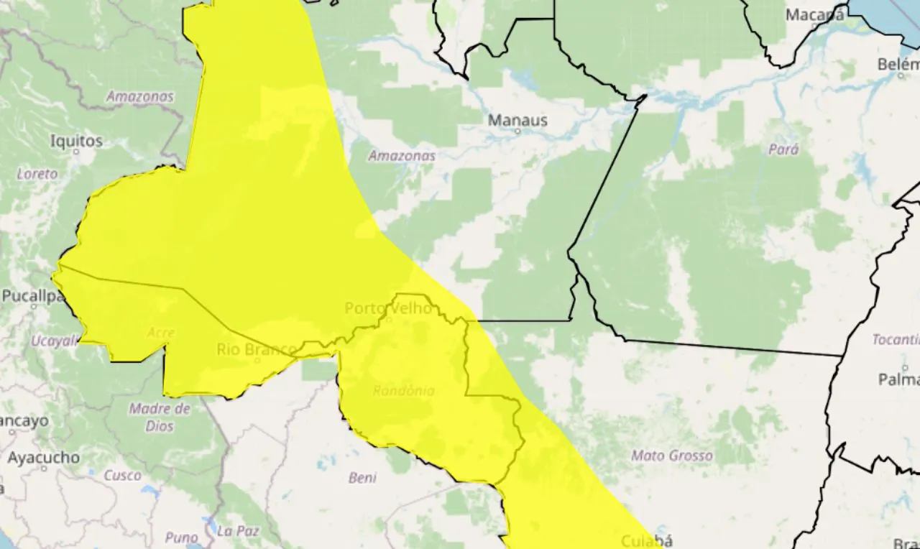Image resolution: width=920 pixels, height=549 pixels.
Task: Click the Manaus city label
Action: coord(517,120)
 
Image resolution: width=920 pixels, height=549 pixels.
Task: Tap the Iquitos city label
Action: coord(76,141)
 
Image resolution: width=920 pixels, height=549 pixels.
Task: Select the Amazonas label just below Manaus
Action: coord(402,155)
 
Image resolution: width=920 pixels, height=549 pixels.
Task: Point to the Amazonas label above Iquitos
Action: coord(140,96)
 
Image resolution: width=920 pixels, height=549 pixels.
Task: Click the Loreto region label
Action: coord(37,174)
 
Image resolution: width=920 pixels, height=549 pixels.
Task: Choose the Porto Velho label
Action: coord(388,308)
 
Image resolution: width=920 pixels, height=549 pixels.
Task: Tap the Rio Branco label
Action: coord(256,349)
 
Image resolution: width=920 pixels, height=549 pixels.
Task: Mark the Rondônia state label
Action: coord(403,391)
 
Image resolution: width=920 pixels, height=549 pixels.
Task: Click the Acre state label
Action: coord(160,333)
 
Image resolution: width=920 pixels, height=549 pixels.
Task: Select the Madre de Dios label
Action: coord(160,417)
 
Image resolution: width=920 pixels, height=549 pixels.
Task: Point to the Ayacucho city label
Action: coord(43,457)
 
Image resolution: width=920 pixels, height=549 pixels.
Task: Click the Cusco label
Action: coord(122,475)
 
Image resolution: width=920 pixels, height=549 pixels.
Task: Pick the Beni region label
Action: coord(362,477)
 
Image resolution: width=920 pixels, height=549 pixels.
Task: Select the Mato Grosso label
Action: coord(671,456)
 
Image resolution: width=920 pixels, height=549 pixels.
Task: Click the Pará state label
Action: coord(783,149)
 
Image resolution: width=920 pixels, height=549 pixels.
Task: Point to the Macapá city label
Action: coord(814,14)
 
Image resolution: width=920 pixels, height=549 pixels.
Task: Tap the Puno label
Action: coord(181,538)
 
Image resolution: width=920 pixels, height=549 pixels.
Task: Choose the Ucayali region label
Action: coord(53,341)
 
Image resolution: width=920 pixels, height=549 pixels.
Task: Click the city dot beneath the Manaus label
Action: coord(517,132)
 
